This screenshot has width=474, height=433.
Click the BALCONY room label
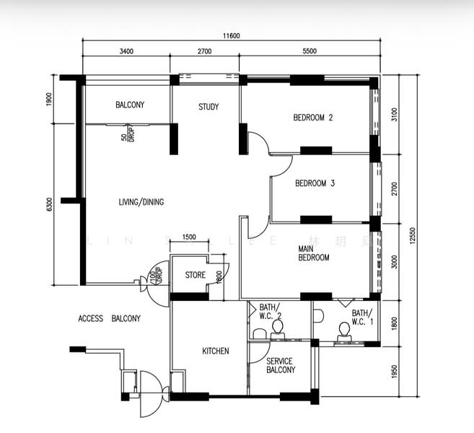click(130, 105)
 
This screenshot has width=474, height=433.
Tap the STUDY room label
click(209, 108)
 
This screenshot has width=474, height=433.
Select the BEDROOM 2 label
click(312, 118)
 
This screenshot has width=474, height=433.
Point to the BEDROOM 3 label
click(315, 184)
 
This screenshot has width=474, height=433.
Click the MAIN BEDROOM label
click(314, 253)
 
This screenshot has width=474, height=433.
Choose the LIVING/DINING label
click(141, 203)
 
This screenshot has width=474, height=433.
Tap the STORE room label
click(196, 275)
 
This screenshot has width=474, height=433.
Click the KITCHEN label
click(215, 351)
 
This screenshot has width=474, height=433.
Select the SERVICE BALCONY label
click(281, 365)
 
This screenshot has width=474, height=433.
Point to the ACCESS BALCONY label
click(109, 318)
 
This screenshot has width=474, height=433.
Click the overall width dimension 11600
click(231, 36)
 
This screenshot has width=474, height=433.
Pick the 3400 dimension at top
click(126, 52)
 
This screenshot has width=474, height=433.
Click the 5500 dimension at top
click(310, 52)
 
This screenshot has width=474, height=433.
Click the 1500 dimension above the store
click(189, 237)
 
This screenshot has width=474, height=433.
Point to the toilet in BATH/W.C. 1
click(344, 331)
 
